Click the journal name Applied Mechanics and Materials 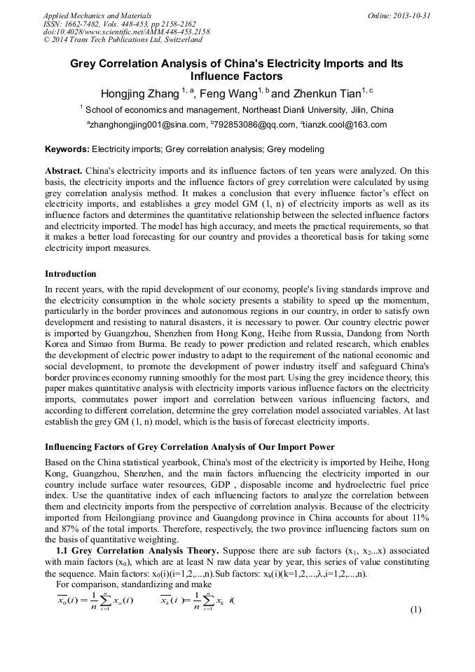(x=97, y=15)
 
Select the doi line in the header (x=126, y=32)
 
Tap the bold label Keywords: (x=67, y=149)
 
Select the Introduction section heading (x=71, y=273)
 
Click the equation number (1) (x=415, y=610)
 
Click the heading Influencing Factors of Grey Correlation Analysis (x=189, y=447)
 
